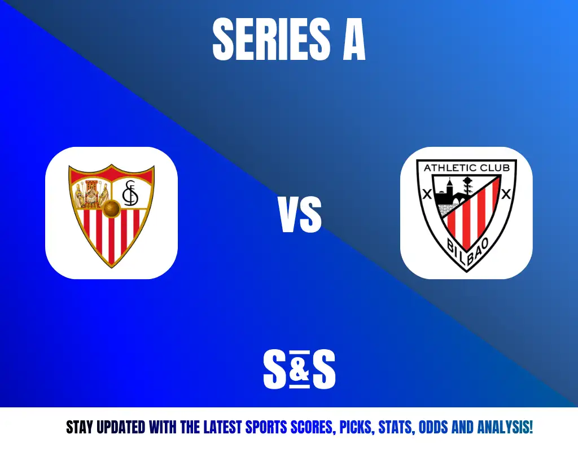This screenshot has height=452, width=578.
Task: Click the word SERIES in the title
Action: click(x=272, y=39)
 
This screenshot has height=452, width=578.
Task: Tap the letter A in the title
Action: click(x=354, y=39)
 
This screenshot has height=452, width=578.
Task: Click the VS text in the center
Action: click(x=300, y=215)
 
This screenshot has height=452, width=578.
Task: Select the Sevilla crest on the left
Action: click(x=111, y=215)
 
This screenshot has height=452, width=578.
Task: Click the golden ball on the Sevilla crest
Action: click(x=111, y=208)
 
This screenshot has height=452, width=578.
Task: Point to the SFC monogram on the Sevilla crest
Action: click(x=130, y=193)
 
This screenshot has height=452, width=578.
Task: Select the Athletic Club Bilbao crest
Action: click(x=466, y=215)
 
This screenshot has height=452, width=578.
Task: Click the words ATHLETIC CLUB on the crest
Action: click(x=467, y=168)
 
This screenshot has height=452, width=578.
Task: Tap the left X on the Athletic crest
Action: click(x=427, y=194)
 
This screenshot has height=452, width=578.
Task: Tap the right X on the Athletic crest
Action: click(x=506, y=194)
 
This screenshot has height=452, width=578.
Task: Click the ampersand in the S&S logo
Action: click(x=299, y=370)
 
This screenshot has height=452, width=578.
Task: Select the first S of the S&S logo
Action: click(x=275, y=370)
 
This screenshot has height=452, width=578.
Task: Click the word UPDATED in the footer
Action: click(x=121, y=427)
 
